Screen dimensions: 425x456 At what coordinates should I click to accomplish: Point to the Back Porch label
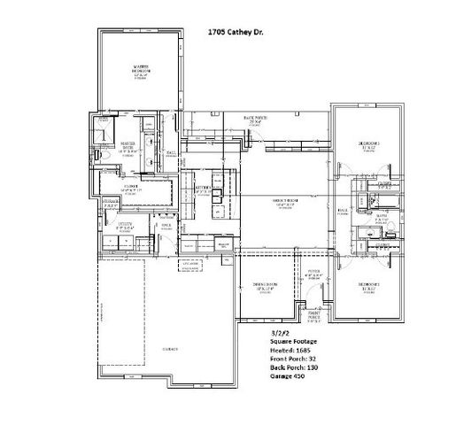pos(255,120)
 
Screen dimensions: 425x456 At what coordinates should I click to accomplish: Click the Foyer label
pos(309,275)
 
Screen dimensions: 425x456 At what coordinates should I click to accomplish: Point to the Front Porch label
pos(313,317)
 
